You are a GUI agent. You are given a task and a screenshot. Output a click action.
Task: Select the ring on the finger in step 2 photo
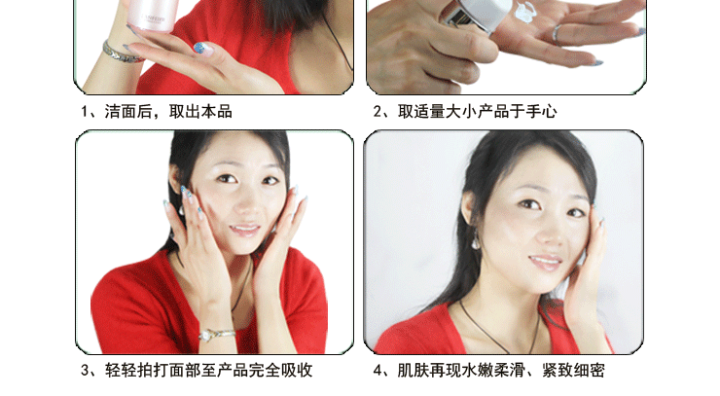tap(558, 33)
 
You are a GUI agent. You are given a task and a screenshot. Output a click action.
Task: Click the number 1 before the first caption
tap(85, 112)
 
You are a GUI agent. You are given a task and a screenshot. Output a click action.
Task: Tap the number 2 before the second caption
tap(378, 112)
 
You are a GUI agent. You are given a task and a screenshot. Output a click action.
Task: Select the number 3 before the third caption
tap(85, 371)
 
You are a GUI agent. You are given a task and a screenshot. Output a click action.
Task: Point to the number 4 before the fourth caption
tap(378, 371)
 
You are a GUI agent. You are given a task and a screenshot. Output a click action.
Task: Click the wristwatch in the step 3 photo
tap(216, 334)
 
